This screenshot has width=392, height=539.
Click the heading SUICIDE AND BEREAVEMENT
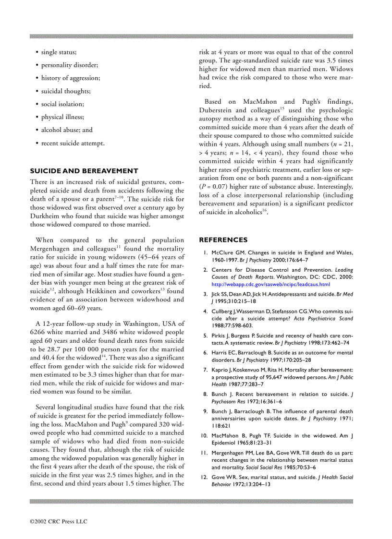coord(84,171)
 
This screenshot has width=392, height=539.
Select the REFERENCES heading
coord(223,240)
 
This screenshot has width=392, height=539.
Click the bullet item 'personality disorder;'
coord(69,65)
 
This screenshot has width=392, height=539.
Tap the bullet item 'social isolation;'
coord(62,104)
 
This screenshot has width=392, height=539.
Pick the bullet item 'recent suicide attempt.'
coord(73,143)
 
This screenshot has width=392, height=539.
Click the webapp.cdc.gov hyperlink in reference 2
coord(271,284)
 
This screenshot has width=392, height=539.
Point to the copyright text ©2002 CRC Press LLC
coord(59,521)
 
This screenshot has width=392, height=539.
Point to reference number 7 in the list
coord(205,370)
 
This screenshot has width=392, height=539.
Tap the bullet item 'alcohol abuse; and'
coord(67,130)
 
